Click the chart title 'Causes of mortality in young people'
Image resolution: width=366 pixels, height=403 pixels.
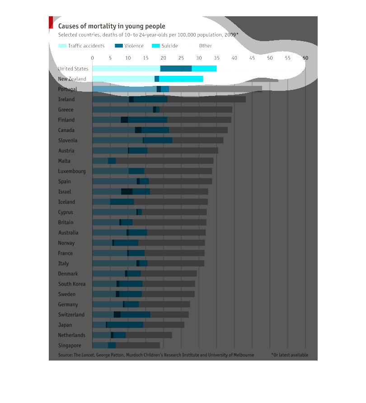coord(112,26)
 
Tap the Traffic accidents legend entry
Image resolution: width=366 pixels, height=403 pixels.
coord(82,46)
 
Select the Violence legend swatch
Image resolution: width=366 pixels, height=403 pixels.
coord(119,46)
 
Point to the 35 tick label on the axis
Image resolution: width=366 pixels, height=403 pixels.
coord(216,58)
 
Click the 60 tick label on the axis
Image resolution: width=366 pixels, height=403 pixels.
coord(305,58)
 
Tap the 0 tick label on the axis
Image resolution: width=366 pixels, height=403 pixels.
coord(92,58)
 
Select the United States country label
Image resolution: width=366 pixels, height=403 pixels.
coord(73,69)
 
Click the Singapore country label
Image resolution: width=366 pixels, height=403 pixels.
coord(70,346)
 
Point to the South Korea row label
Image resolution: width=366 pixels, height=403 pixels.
coord(72,284)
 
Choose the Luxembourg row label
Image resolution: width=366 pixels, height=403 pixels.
coord(72,171)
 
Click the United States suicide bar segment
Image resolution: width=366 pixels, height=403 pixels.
coord(204,69)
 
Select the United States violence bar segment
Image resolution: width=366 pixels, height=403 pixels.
coord(176,69)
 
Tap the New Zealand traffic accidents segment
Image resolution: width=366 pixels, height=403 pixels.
coord(123,79)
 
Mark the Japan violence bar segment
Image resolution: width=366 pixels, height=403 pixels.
coord(125,325)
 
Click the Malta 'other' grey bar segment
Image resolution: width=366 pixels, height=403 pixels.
coord(164,161)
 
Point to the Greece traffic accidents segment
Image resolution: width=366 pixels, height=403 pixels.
coord(122,110)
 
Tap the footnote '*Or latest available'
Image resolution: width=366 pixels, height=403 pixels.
coord(290,355)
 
